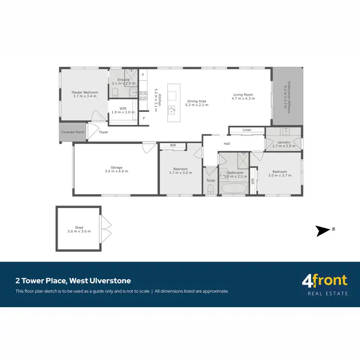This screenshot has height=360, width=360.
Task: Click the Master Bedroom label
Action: coord(84,92)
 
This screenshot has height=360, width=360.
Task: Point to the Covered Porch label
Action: coord(72,132)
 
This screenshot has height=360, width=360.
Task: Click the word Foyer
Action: coord(104,132)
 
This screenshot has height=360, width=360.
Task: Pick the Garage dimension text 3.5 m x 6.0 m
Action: coord(117,171)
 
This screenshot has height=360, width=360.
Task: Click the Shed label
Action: coord(79,228)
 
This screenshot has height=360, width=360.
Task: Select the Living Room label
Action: coord(243,95)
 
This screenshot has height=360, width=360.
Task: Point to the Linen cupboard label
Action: coord(247,130)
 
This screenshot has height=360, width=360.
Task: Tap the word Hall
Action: coord(227,144)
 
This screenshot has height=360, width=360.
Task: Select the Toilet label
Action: coord(210,180)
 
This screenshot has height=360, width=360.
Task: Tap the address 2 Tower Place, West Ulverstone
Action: coord(73,281)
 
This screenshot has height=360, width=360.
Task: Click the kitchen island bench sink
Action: coord(171,111)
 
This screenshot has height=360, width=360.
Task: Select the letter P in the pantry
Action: coord(143,75)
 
